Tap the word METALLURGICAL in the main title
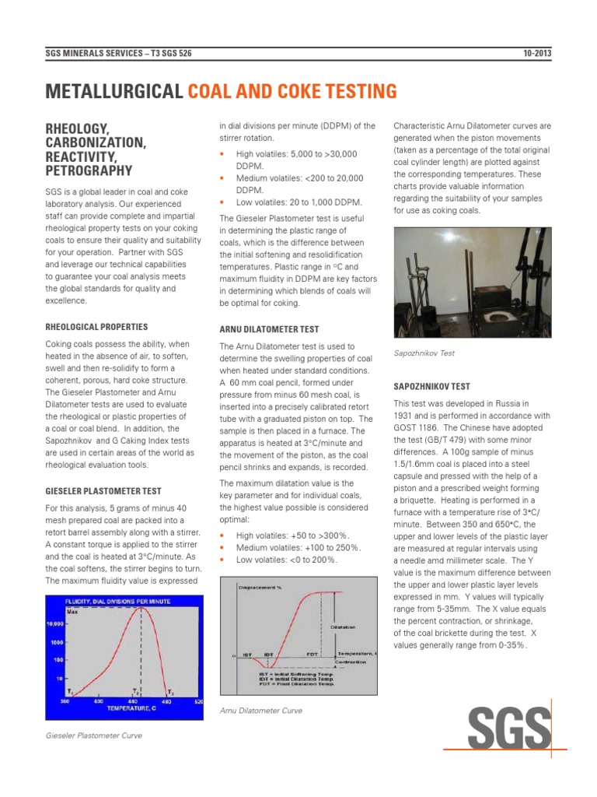(113, 93)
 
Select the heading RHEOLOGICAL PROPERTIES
(96, 327)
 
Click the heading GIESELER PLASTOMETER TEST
(103, 491)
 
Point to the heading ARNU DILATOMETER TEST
(269, 329)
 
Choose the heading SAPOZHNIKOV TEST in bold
(432, 387)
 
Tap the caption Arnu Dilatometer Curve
(260, 711)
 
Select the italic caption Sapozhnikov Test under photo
(424, 353)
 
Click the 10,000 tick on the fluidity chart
(56, 624)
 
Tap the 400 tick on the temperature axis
(98, 701)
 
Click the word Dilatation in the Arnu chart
(342, 625)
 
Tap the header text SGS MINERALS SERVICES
(93, 53)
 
